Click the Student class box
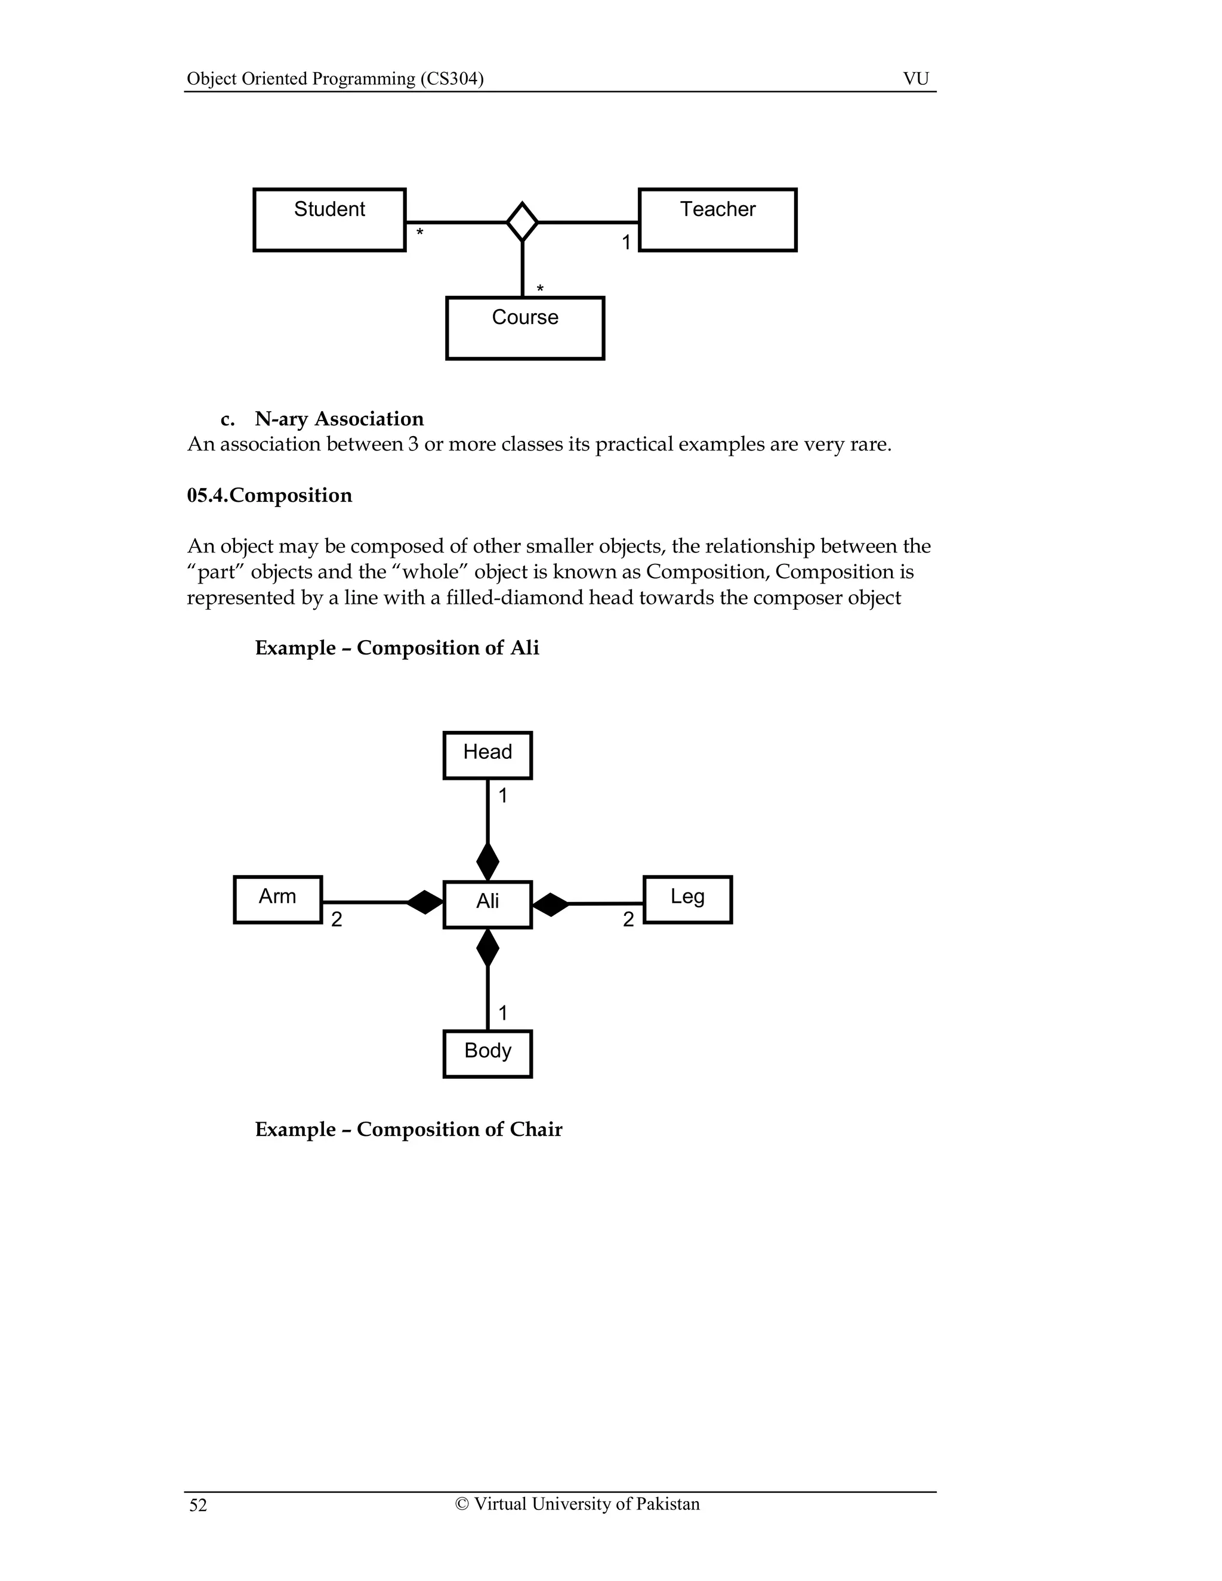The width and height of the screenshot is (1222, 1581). (x=329, y=220)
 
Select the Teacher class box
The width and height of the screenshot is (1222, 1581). (x=717, y=220)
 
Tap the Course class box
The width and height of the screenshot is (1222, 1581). (x=525, y=328)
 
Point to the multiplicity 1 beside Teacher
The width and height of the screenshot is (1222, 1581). (x=626, y=242)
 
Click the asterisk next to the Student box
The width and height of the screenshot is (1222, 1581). (x=419, y=233)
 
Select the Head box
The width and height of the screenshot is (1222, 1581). (x=487, y=755)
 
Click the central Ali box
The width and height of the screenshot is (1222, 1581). (x=487, y=904)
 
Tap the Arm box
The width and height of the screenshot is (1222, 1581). (x=278, y=899)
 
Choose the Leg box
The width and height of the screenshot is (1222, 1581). (x=687, y=899)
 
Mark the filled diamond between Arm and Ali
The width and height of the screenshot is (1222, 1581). (x=424, y=902)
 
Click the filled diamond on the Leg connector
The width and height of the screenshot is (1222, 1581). (x=551, y=904)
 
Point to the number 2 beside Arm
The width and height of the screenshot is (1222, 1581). (x=337, y=919)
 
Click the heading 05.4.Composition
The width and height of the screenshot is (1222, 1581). (x=269, y=495)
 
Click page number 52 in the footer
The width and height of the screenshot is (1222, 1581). (x=198, y=1506)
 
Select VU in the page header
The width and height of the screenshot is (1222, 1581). (x=916, y=78)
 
